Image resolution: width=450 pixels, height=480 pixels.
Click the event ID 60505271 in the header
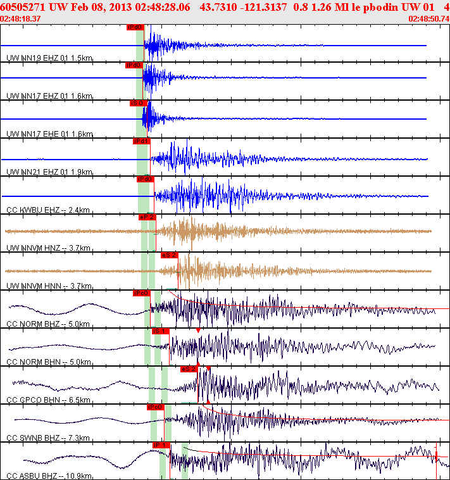click(x=23, y=6)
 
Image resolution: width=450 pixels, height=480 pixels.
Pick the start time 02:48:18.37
click(x=21, y=18)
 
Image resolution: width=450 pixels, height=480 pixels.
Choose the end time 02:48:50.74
click(x=428, y=18)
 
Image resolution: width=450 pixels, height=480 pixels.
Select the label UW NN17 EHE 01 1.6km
click(x=49, y=134)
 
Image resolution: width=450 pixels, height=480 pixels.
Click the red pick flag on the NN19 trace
click(x=135, y=27)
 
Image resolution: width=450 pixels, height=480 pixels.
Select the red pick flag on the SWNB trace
click(x=155, y=407)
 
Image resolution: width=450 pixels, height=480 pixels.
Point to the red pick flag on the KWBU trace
click(x=146, y=179)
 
